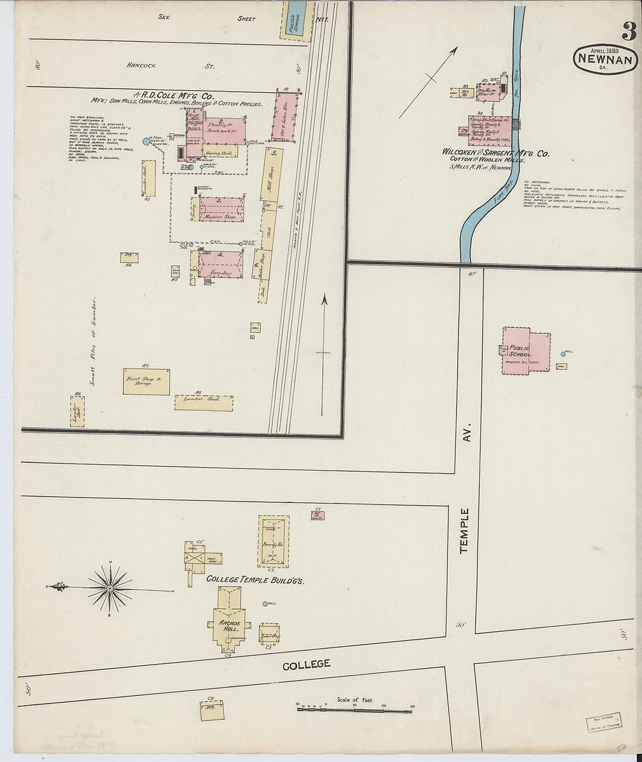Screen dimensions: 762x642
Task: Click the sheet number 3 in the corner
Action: click(628, 30)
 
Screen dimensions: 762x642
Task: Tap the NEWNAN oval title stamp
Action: click(605, 60)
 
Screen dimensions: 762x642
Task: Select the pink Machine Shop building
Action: click(221, 209)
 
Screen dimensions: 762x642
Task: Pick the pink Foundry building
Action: click(221, 263)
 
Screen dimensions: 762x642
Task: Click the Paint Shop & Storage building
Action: click(146, 381)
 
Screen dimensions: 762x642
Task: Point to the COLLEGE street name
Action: click(306, 664)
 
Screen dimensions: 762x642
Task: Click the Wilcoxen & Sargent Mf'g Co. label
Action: click(496, 154)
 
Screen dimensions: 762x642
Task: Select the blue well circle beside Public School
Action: click(563, 354)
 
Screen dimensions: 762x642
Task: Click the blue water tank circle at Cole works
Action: click(146, 141)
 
